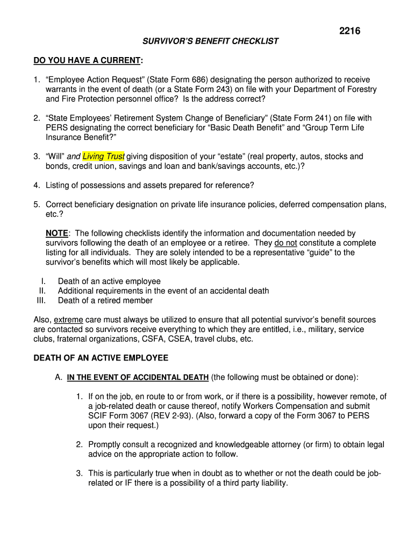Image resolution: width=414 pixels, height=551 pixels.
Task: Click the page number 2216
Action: (x=349, y=31)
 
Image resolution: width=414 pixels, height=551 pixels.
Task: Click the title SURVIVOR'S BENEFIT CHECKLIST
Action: (x=210, y=41)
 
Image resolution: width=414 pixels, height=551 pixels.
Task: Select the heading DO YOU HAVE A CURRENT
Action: (x=87, y=60)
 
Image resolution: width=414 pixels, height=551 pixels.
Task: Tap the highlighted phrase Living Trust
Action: (x=104, y=157)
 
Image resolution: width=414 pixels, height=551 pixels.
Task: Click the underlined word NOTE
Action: (x=57, y=234)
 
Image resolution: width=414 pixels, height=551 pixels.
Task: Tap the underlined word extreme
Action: (x=68, y=320)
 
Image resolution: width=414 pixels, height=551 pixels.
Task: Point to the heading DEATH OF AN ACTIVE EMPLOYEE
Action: (x=101, y=358)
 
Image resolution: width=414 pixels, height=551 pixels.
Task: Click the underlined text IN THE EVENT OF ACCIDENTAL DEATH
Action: (x=138, y=378)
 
